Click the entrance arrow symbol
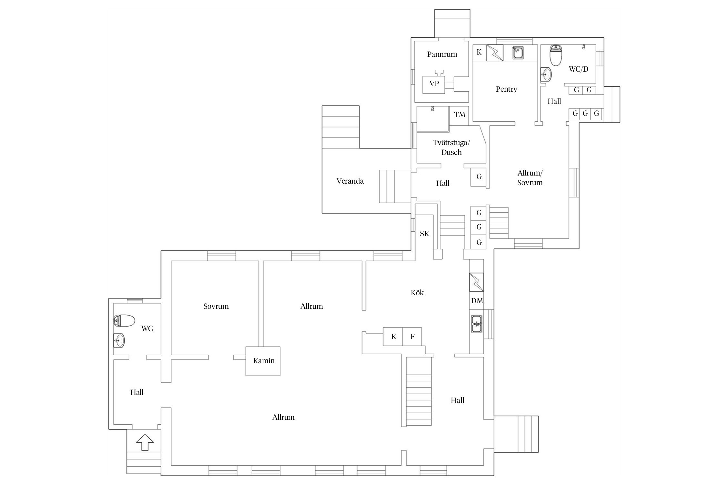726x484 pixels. point(145,442)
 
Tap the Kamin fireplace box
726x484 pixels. point(263,361)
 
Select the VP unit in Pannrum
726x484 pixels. point(434,85)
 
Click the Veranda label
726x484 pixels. point(350,181)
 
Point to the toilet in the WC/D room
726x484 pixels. point(556,55)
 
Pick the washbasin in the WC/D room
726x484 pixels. point(546,75)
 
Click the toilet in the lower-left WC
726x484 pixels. point(124,321)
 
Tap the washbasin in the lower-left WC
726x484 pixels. point(119,340)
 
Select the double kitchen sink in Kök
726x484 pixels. point(477,324)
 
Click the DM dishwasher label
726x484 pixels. point(477,301)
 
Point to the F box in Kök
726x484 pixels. point(412,337)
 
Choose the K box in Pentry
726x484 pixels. point(479,52)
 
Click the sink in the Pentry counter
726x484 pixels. point(518,53)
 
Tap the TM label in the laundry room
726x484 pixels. point(459,115)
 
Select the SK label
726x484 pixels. point(425,234)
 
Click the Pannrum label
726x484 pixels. point(442,54)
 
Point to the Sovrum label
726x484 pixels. point(216,306)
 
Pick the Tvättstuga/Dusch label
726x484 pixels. point(451,147)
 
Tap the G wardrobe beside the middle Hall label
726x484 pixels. point(479,177)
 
